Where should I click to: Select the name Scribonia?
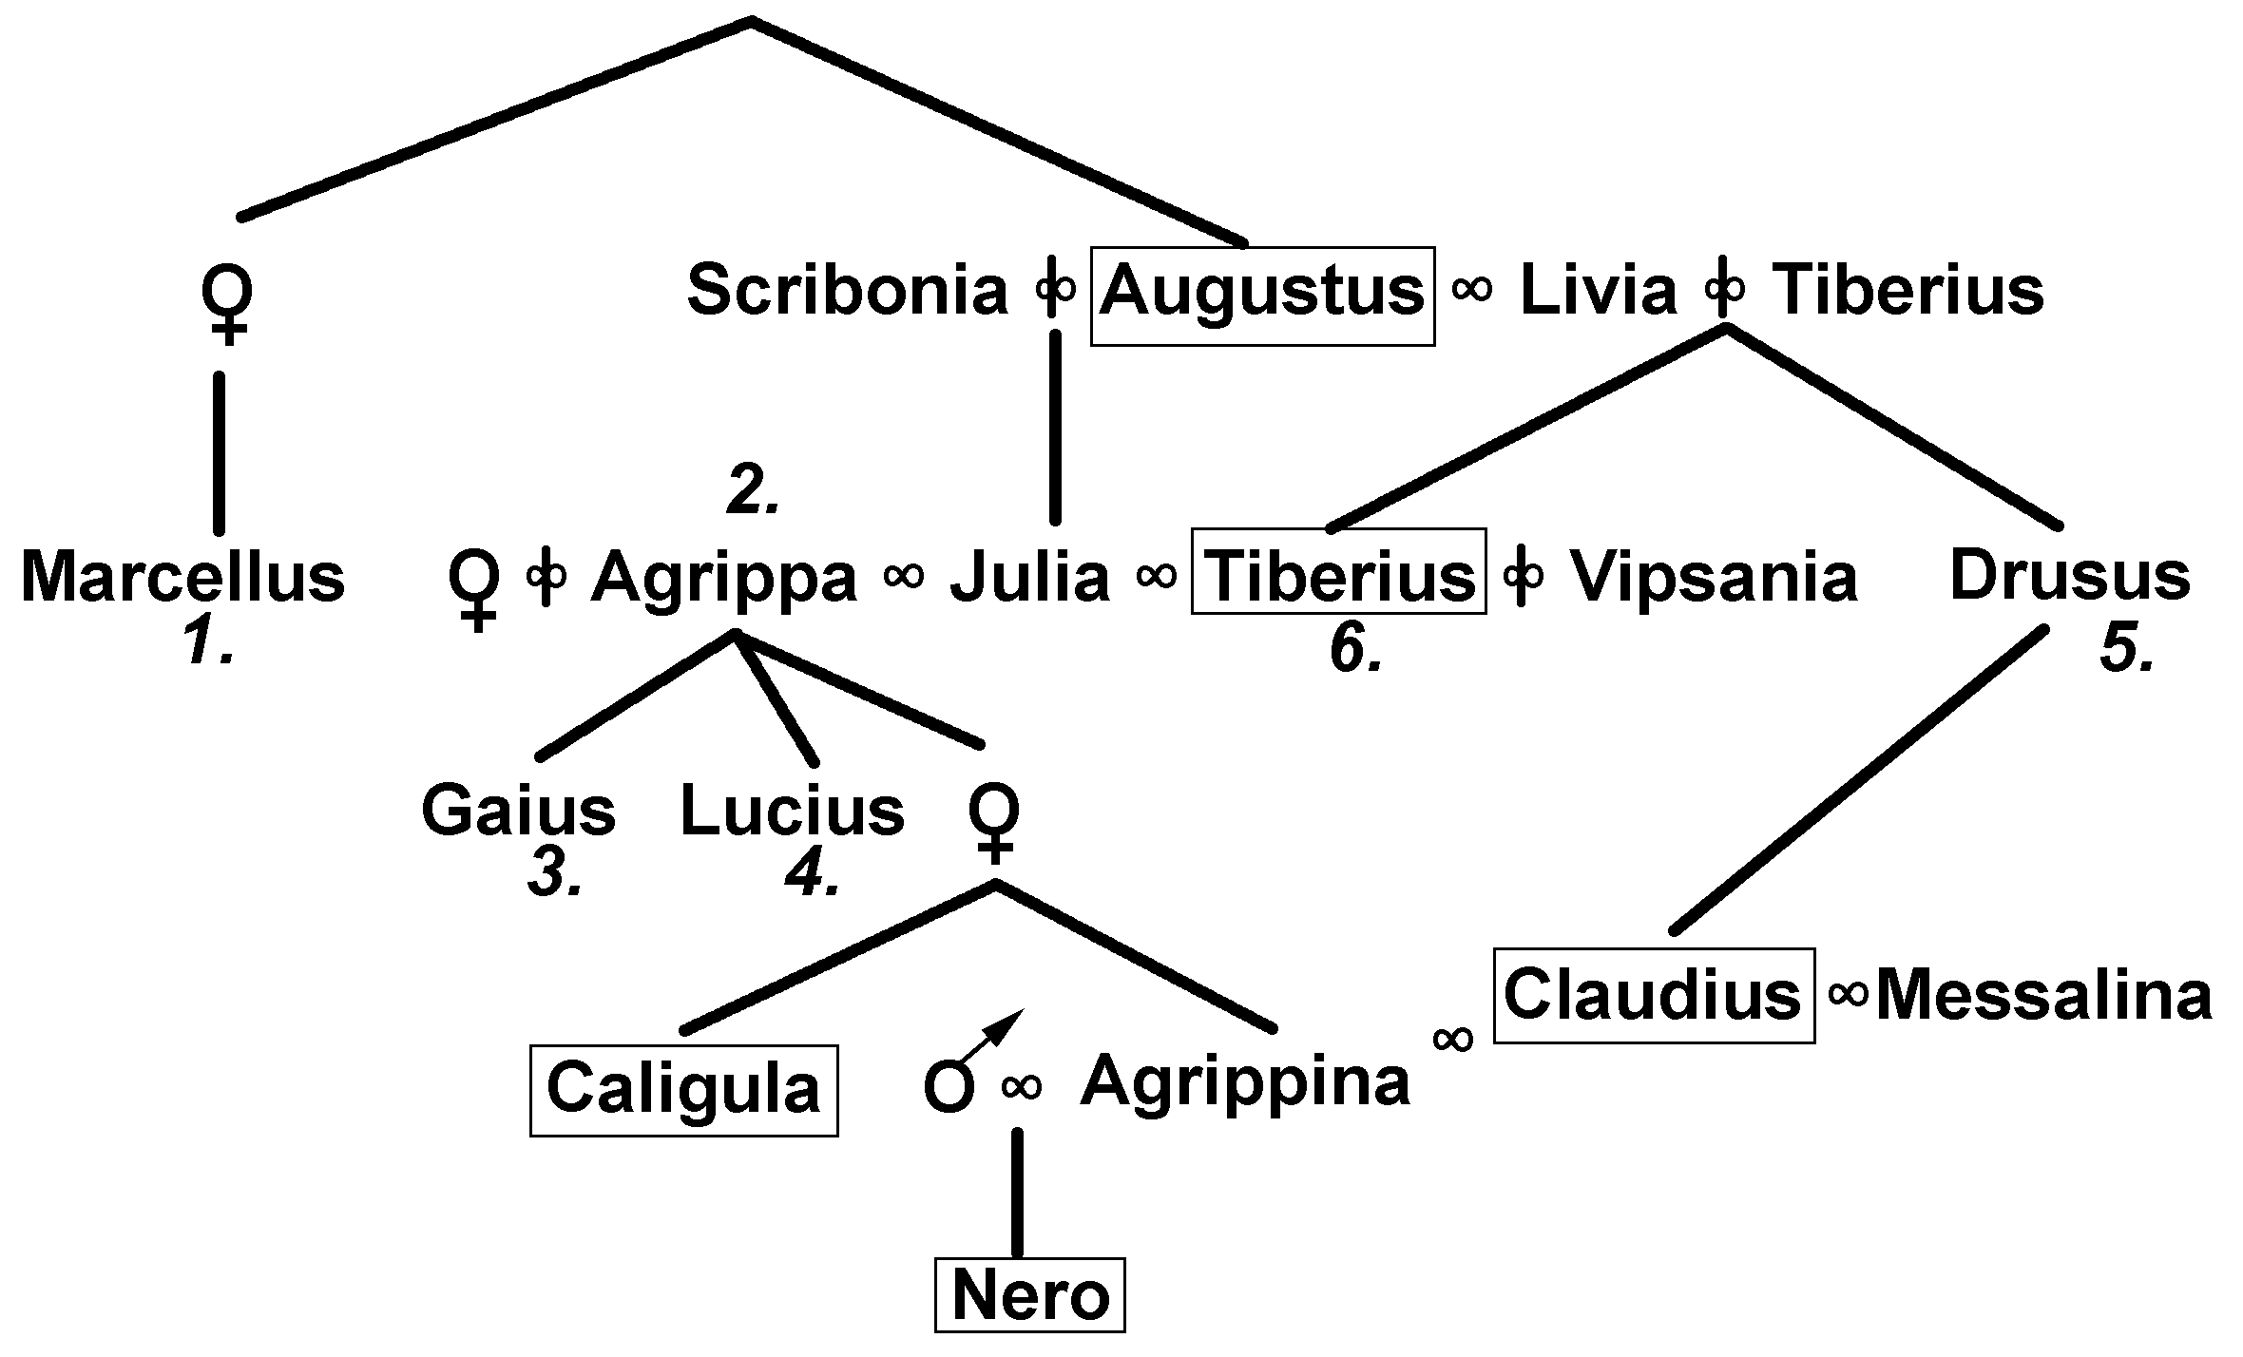[x=847, y=291]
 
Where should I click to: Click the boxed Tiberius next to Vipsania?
[x=1338, y=574]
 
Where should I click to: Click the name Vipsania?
[x=1713, y=578]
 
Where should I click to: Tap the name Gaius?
[x=518, y=812]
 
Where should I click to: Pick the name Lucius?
[x=792, y=812]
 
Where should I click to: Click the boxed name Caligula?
[x=683, y=1089]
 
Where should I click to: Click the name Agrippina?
[x=1245, y=1081]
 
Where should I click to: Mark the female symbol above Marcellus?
[x=226, y=302]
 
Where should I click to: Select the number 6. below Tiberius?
[x=1355, y=650]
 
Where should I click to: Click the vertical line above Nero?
[x=1018, y=1193]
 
